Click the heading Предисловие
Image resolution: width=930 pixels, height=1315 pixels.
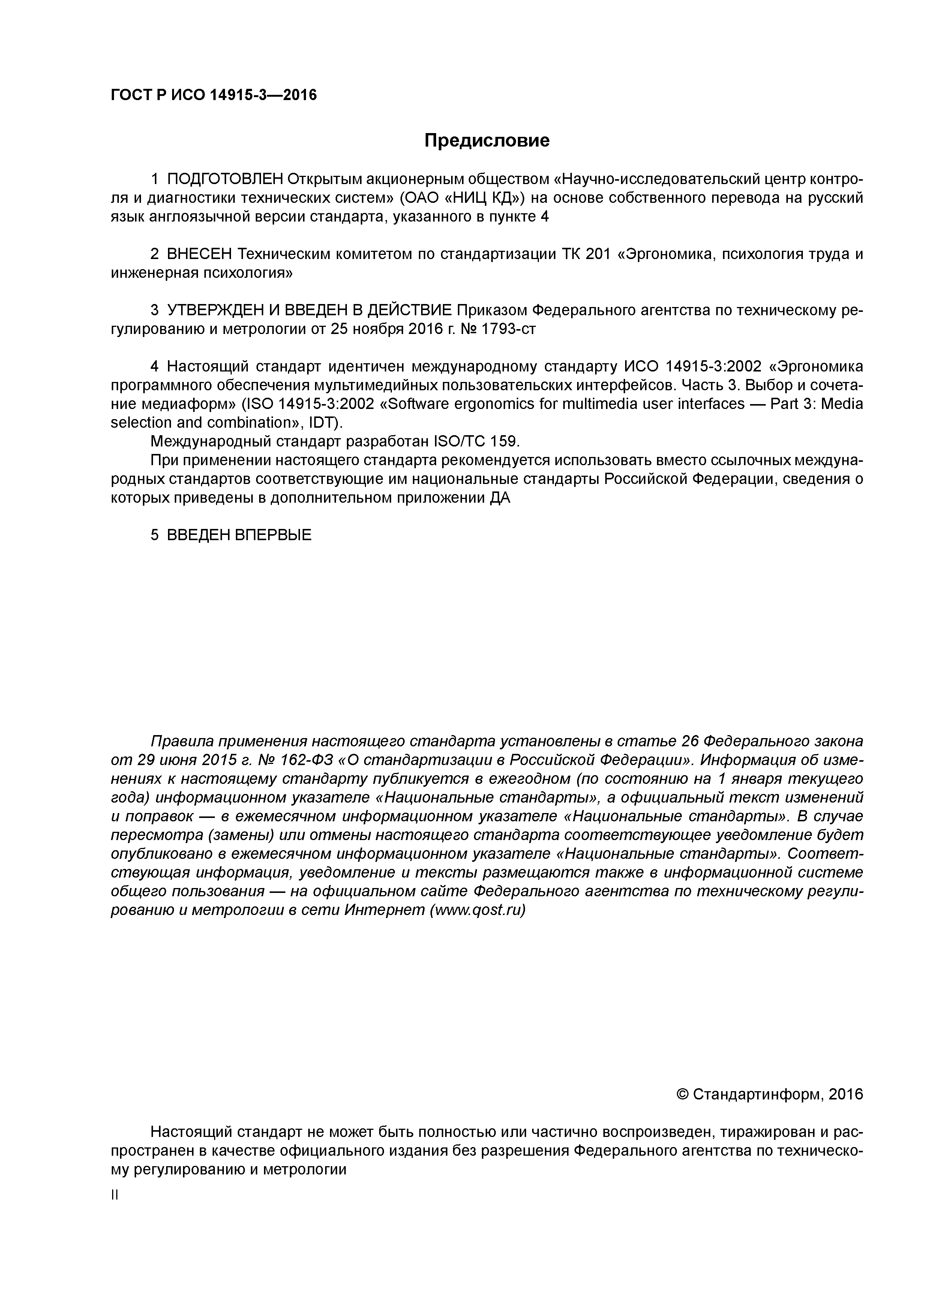486,140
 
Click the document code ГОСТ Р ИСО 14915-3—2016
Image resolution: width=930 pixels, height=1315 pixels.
213,95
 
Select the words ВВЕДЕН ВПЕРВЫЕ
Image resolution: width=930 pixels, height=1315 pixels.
239,535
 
